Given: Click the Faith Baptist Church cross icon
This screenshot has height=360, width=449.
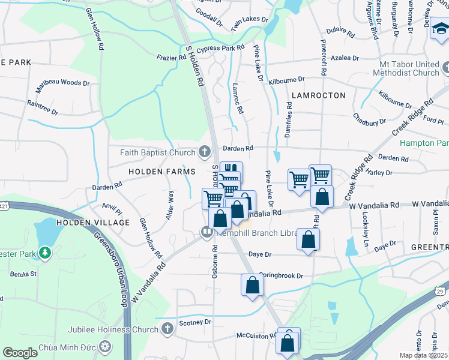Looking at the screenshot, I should click(204, 152).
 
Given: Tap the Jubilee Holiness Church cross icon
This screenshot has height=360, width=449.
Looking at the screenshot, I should click(167, 328).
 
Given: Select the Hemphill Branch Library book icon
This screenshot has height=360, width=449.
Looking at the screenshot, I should click(207, 232).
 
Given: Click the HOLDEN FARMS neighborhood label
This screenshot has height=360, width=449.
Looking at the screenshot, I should click(162, 172).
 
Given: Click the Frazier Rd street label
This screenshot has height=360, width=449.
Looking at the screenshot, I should click(173, 58).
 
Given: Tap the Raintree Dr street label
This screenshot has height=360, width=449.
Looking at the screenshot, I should click(42, 107).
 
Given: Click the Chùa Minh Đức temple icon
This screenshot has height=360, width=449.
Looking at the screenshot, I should click(105, 347).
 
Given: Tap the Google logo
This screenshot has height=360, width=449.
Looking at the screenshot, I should click(20, 353).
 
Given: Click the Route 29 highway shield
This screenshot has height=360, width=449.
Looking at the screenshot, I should click(440, 291).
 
